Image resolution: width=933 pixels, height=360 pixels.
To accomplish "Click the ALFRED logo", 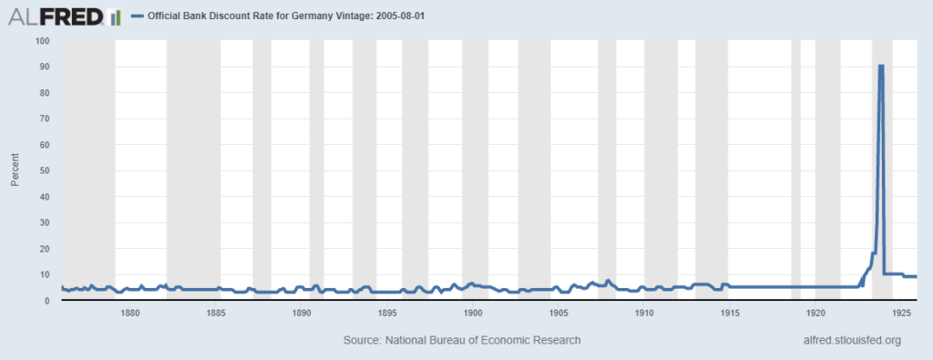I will [62, 16].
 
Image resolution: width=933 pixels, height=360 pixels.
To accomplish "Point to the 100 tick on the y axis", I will [42, 41].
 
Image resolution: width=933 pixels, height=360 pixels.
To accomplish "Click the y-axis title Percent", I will [15, 170].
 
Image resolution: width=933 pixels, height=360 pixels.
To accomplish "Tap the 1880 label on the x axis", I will [130, 313].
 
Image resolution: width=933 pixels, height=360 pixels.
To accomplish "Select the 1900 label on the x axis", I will [473, 313].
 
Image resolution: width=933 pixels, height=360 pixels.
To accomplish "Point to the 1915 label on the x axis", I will [730, 313].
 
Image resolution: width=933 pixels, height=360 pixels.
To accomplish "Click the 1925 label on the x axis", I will [901, 313].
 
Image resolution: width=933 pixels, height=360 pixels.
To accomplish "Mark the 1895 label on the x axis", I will [387, 313].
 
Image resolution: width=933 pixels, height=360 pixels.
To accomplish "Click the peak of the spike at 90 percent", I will [881, 66].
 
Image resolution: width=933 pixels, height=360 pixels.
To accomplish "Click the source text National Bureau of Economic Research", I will [461, 340].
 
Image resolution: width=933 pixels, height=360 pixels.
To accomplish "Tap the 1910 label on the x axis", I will [644, 313].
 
